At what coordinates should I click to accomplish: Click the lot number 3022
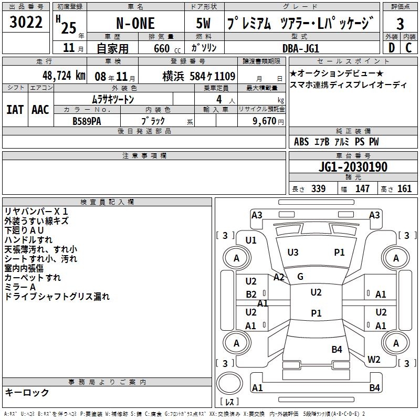(x=26, y=22)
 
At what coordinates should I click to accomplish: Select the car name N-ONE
(x=135, y=23)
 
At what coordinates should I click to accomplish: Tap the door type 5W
(x=203, y=23)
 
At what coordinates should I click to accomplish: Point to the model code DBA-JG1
(x=301, y=48)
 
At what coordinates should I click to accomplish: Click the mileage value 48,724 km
(x=64, y=76)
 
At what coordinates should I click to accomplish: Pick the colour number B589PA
(x=87, y=121)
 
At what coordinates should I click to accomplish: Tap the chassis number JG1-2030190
(x=353, y=167)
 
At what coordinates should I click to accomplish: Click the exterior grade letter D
(x=392, y=48)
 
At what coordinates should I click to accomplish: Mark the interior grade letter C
(x=408, y=48)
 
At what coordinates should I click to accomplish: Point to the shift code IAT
(x=15, y=110)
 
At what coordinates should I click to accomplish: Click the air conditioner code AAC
(x=40, y=110)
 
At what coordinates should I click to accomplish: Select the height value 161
(x=404, y=188)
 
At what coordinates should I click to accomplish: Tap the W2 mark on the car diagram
(x=374, y=360)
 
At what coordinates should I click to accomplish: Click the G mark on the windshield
(x=300, y=277)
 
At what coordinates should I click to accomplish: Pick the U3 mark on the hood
(x=293, y=253)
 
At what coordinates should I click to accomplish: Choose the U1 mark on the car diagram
(x=251, y=240)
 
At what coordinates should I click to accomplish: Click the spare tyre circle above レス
(x=229, y=383)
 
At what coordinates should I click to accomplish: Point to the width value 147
(x=362, y=188)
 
